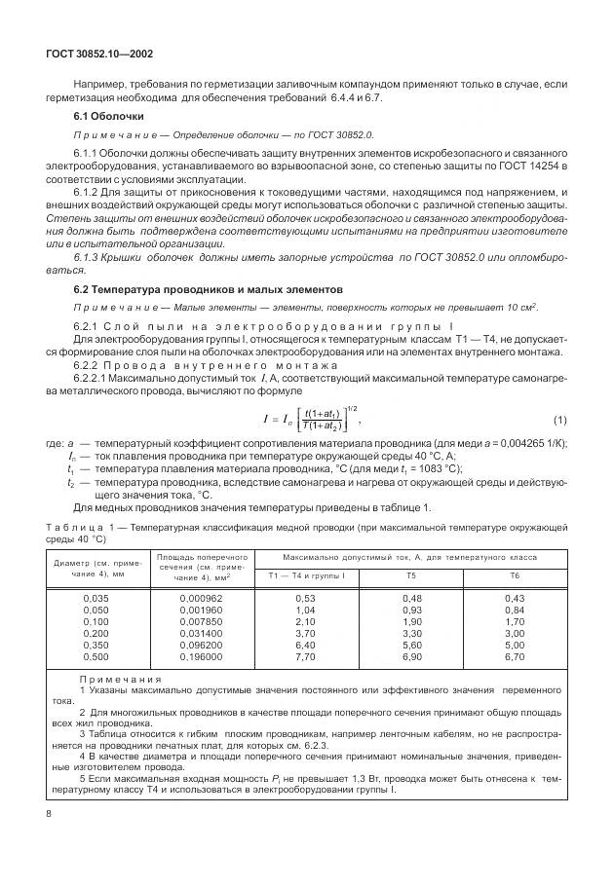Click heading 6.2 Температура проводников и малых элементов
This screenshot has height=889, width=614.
(208, 290)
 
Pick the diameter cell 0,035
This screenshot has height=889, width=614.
(96, 597)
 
